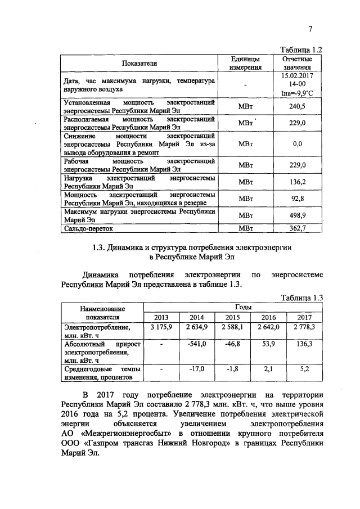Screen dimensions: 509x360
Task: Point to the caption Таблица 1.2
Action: point(304,49)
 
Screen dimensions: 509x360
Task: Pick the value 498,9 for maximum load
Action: point(297,215)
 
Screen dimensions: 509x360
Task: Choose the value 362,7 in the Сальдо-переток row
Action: point(297,228)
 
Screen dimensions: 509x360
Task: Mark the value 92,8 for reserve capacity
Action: point(297,198)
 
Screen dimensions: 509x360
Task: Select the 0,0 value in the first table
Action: point(298,144)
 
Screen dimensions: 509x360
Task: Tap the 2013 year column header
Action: point(161,317)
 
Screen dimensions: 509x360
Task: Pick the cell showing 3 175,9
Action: point(161,327)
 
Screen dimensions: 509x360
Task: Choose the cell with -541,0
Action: point(197,344)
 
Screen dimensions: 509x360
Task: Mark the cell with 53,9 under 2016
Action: point(270,344)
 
